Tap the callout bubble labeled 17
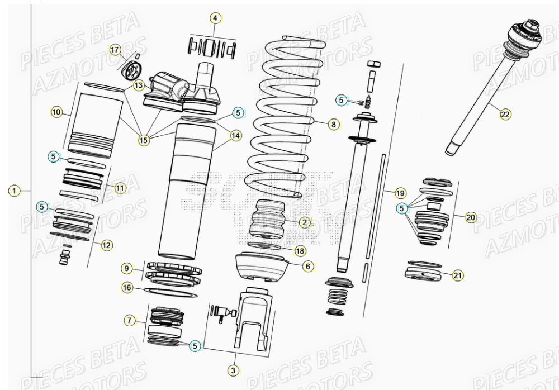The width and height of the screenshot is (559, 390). coord(115,51)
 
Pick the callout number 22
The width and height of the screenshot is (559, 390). coord(505,114)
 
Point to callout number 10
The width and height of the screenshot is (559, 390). coord(56,112)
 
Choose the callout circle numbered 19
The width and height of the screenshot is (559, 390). coord(400,193)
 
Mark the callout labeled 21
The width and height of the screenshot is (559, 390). coord(458,275)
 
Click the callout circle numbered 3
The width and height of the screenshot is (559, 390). coord(233,369)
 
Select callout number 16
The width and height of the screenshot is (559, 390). coord(128,287)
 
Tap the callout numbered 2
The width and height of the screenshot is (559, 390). coord(304,222)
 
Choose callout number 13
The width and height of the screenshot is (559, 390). coord(138,85)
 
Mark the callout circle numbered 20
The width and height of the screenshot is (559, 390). coord(471,217)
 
